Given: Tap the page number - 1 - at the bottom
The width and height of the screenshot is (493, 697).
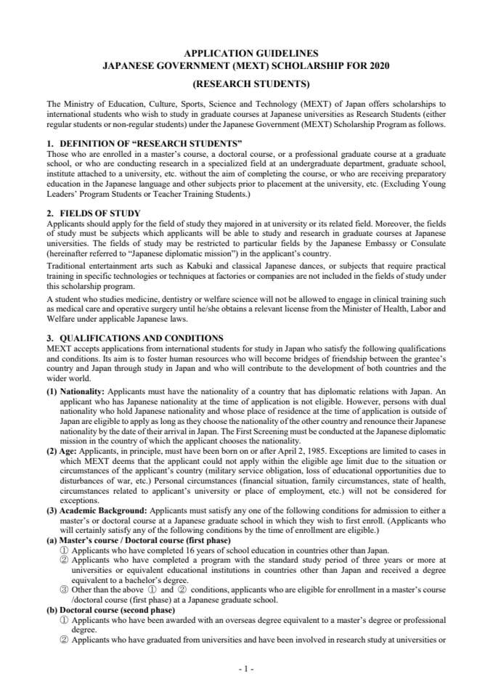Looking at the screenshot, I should [x=246, y=669].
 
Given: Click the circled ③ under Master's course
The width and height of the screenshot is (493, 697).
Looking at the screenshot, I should [x=63, y=590].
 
